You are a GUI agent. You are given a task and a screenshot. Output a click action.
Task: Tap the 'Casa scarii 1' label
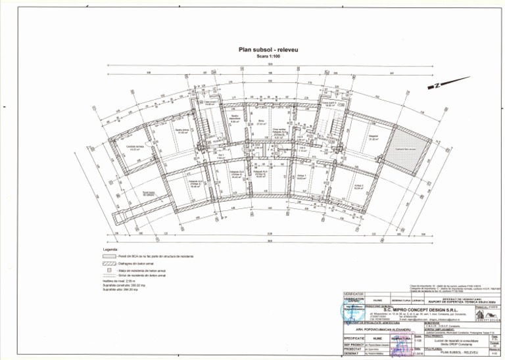[209, 103]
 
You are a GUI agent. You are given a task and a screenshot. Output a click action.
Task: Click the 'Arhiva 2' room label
[358, 187]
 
